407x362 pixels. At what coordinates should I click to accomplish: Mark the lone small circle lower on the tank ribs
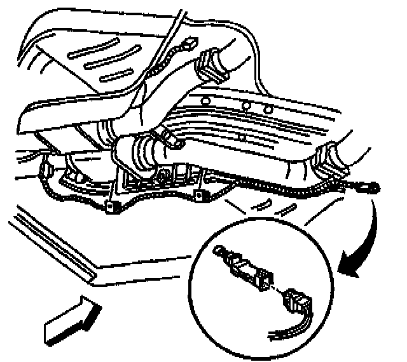(x=241, y=136)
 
